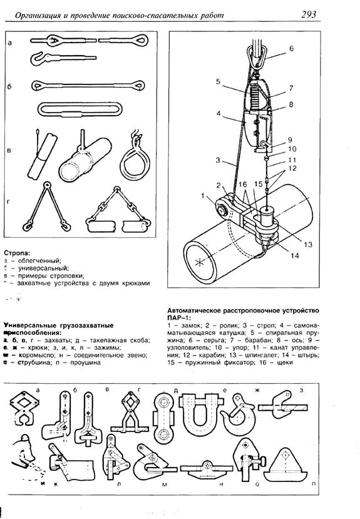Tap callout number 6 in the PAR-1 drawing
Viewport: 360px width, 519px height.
(x=291, y=48)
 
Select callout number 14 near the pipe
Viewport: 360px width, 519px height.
(x=293, y=255)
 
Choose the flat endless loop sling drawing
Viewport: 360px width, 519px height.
(x=79, y=110)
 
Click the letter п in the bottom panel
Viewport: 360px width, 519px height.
(x=349, y=485)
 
